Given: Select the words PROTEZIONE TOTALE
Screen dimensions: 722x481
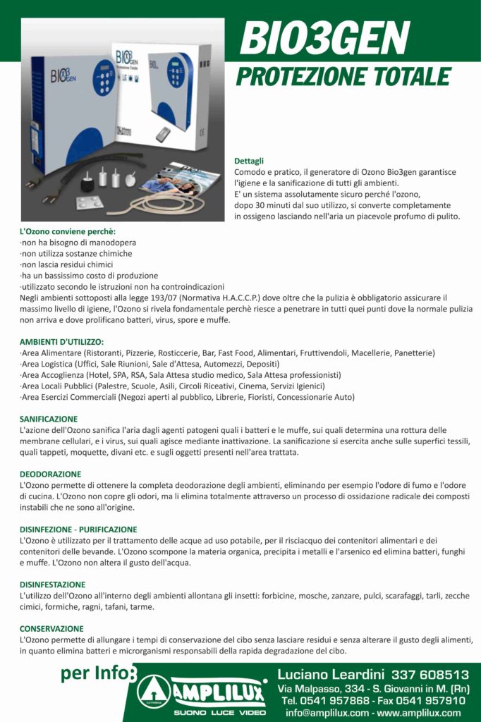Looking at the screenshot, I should [343, 76].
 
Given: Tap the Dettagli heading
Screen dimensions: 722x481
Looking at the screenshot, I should [249, 161].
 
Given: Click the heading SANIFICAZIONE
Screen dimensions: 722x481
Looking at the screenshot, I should [49, 419].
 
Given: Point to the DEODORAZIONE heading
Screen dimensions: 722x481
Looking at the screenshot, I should [50, 474].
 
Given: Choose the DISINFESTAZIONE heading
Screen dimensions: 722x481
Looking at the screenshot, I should [53, 585].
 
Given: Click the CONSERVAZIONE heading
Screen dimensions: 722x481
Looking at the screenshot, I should [51, 628].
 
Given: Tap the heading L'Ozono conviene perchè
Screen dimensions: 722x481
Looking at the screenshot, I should [68, 231].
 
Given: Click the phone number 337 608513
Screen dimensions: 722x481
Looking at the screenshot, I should [430, 675].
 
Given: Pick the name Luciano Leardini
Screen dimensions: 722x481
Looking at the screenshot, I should [331, 675].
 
